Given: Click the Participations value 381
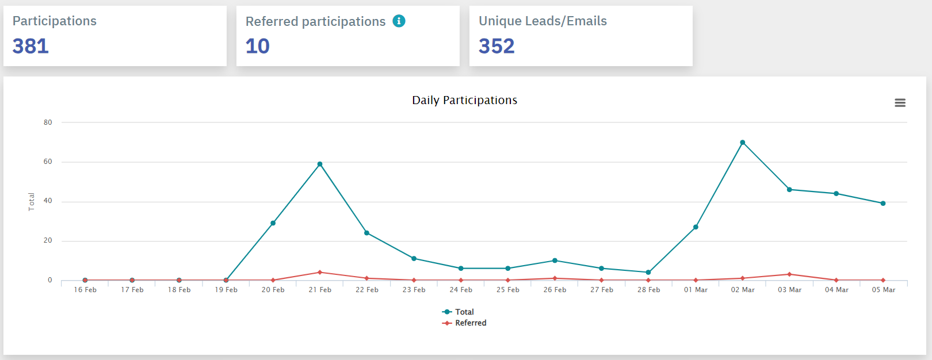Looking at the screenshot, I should [x=30, y=46].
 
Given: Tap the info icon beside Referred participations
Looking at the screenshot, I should [x=399, y=21].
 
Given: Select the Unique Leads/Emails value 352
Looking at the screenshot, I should [x=496, y=46].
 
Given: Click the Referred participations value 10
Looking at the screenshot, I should [x=257, y=46].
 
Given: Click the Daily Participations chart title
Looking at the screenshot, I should [x=464, y=100].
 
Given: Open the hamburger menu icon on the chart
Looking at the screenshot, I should [x=900, y=102].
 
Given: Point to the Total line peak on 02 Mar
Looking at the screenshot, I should [x=742, y=143].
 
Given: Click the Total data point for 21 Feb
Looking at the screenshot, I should [x=320, y=164].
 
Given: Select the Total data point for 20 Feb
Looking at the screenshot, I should [x=273, y=223].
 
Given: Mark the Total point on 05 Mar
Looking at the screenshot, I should [x=883, y=203].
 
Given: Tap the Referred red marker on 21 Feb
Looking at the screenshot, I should [x=320, y=272].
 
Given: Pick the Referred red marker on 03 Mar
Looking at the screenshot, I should [x=789, y=274].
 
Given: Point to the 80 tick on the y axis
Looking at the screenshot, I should [x=48, y=122].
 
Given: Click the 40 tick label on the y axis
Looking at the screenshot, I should [x=48, y=201].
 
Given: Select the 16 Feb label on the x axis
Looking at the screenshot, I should [x=85, y=290].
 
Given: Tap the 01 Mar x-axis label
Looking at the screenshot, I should [x=696, y=290].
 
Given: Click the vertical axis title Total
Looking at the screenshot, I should [x=32, y=201].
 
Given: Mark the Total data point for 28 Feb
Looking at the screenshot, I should [x=648, y=272].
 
